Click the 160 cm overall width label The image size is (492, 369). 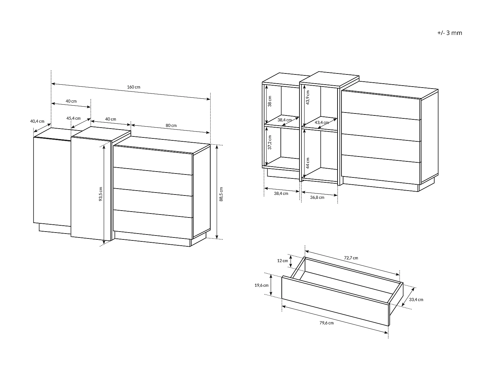coord(133,87)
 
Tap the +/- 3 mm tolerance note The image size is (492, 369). coord(450,33)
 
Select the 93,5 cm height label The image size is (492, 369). coord(101,194)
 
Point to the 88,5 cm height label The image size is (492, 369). coord(221,194)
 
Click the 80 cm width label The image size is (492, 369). coord(171,126)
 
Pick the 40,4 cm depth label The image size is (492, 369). coord(37,121)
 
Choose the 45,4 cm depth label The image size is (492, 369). coord(73,118)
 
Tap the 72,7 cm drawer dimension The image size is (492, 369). coord(351,258)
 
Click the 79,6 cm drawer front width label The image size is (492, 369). coord(327,323)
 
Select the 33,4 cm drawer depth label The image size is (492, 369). coord(416,299)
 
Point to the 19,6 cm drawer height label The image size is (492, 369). coord(261,285)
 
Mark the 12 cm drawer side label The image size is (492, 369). coord(282,260)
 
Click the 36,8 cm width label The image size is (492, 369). coord(317,197)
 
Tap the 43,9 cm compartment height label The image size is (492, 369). coord(308,97)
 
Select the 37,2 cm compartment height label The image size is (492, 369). coord(270,142)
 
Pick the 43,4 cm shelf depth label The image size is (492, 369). coord(322,123)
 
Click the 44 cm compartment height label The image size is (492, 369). coord(308,163)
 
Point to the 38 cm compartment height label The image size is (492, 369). coord(270,101)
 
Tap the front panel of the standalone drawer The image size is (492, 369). coord(335,301)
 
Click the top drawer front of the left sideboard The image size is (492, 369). coord(153,160)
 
